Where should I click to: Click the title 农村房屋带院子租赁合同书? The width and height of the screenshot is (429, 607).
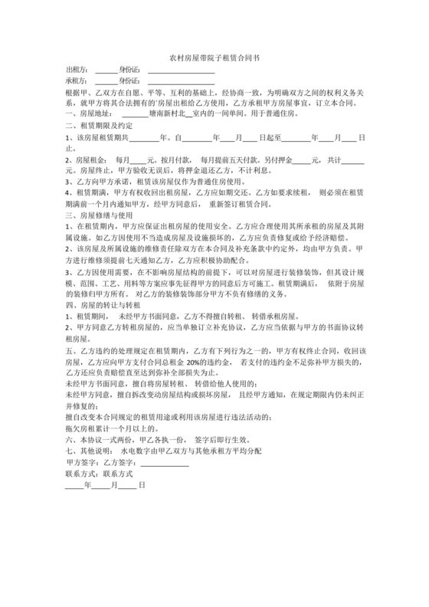point(214,57)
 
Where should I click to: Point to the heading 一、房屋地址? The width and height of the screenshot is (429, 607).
point(93,112)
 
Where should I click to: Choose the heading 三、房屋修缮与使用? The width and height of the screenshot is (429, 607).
point(100,216)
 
